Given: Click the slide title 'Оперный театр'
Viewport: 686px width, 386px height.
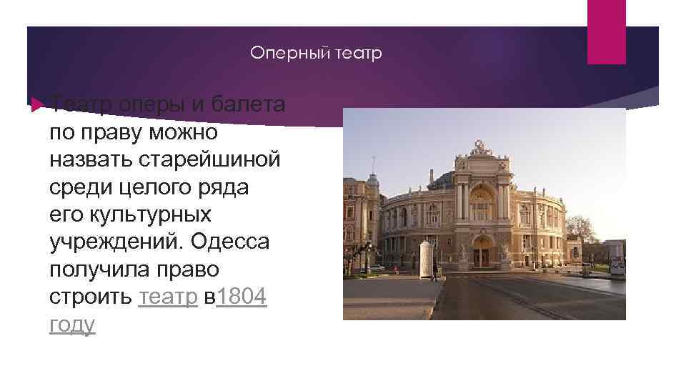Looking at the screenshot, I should pos(317,54).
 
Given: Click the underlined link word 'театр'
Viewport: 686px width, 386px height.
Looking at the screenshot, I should pos(168,297).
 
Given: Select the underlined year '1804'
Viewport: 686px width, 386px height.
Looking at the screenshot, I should pos(241,297).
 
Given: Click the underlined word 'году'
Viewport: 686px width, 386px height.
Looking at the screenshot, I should pos(72,324).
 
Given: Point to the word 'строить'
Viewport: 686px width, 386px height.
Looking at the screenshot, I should pos(91,297).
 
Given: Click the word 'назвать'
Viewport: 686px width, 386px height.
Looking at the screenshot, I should pos(94,160).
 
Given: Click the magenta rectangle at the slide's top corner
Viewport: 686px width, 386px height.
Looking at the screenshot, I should pos(606,31).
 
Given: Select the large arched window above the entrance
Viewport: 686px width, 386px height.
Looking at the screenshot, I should pos(481,204).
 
